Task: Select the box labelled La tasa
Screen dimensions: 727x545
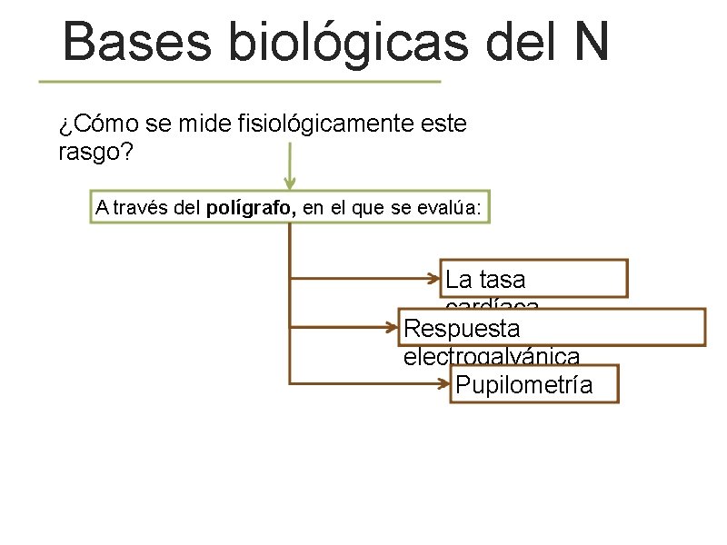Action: click(536, 278)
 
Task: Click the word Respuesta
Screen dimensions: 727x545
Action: click(462, 326)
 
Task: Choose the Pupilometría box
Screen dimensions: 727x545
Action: click(534, 384)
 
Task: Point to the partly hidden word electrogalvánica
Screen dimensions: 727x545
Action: click(491, 355)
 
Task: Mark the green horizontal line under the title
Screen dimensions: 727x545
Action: click(239, 81)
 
